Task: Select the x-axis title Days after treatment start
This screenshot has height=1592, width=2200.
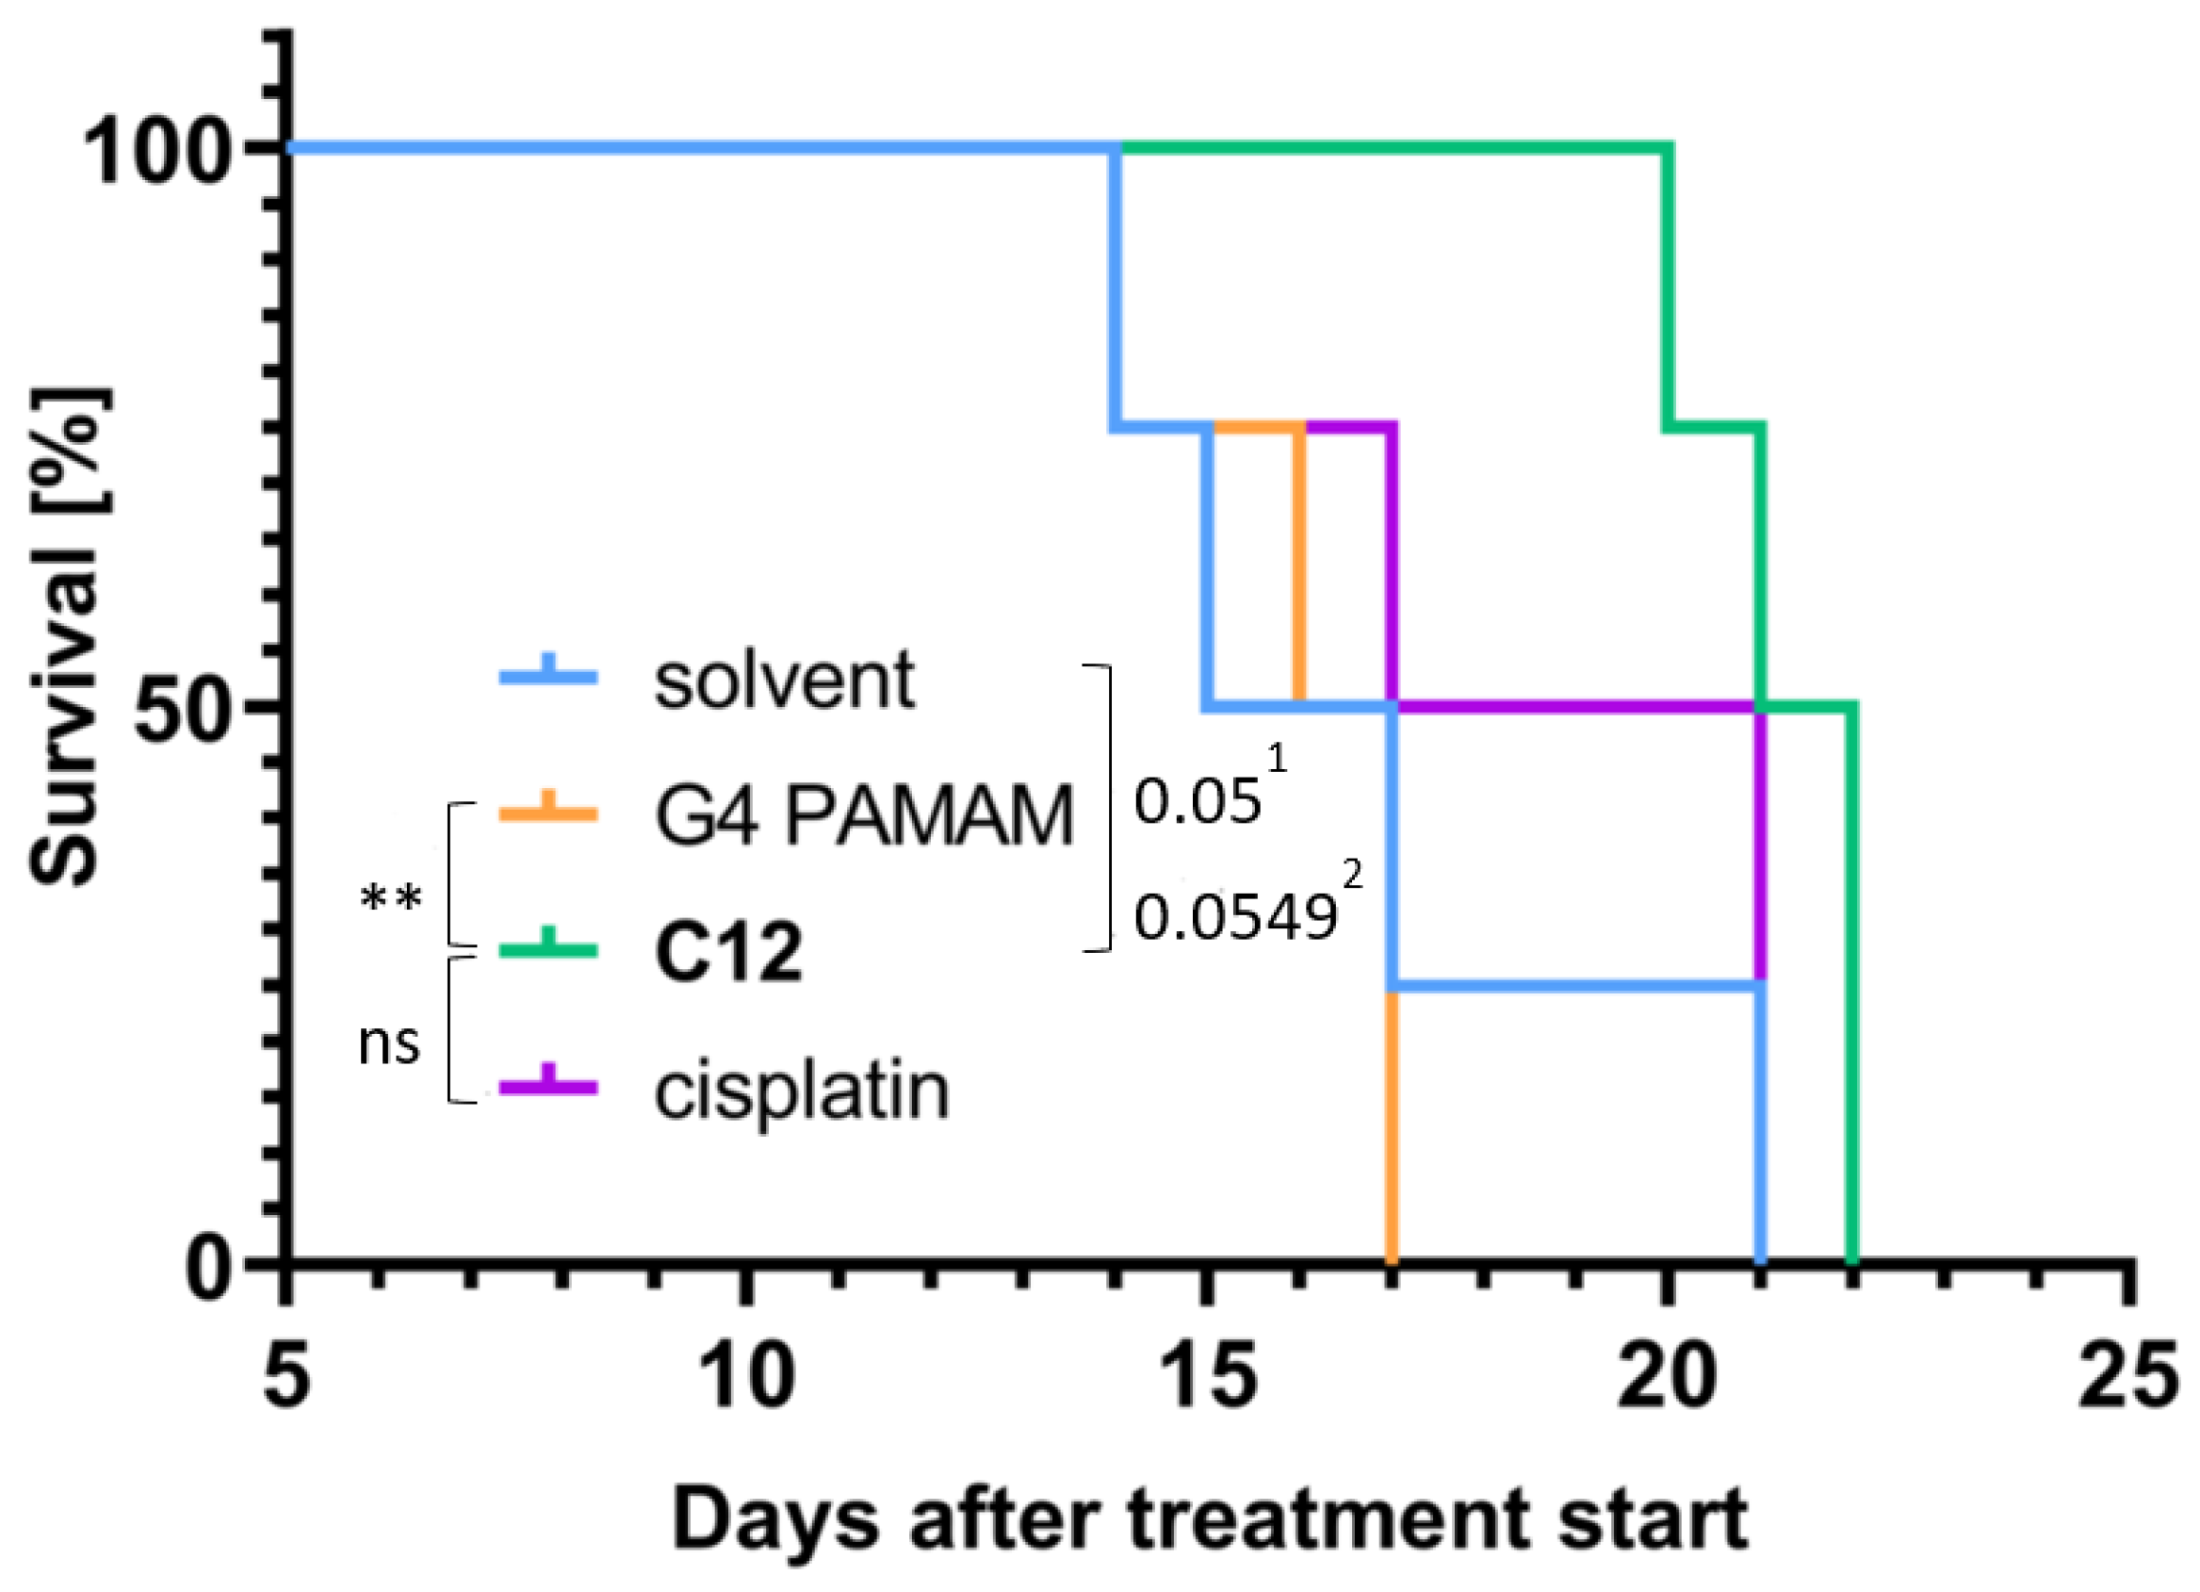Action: coord(1209,1519)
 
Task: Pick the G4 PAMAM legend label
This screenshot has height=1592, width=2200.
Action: coord(863,815)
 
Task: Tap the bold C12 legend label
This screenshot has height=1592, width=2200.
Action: coord(728,952)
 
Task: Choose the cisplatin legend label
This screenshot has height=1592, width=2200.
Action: coord(801,1092)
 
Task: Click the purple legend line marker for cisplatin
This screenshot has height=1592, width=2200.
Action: coord(548,1088)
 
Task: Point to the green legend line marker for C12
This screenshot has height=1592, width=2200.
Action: coord(548,950)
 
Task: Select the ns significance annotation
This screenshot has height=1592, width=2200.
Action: coord(389,1043)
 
